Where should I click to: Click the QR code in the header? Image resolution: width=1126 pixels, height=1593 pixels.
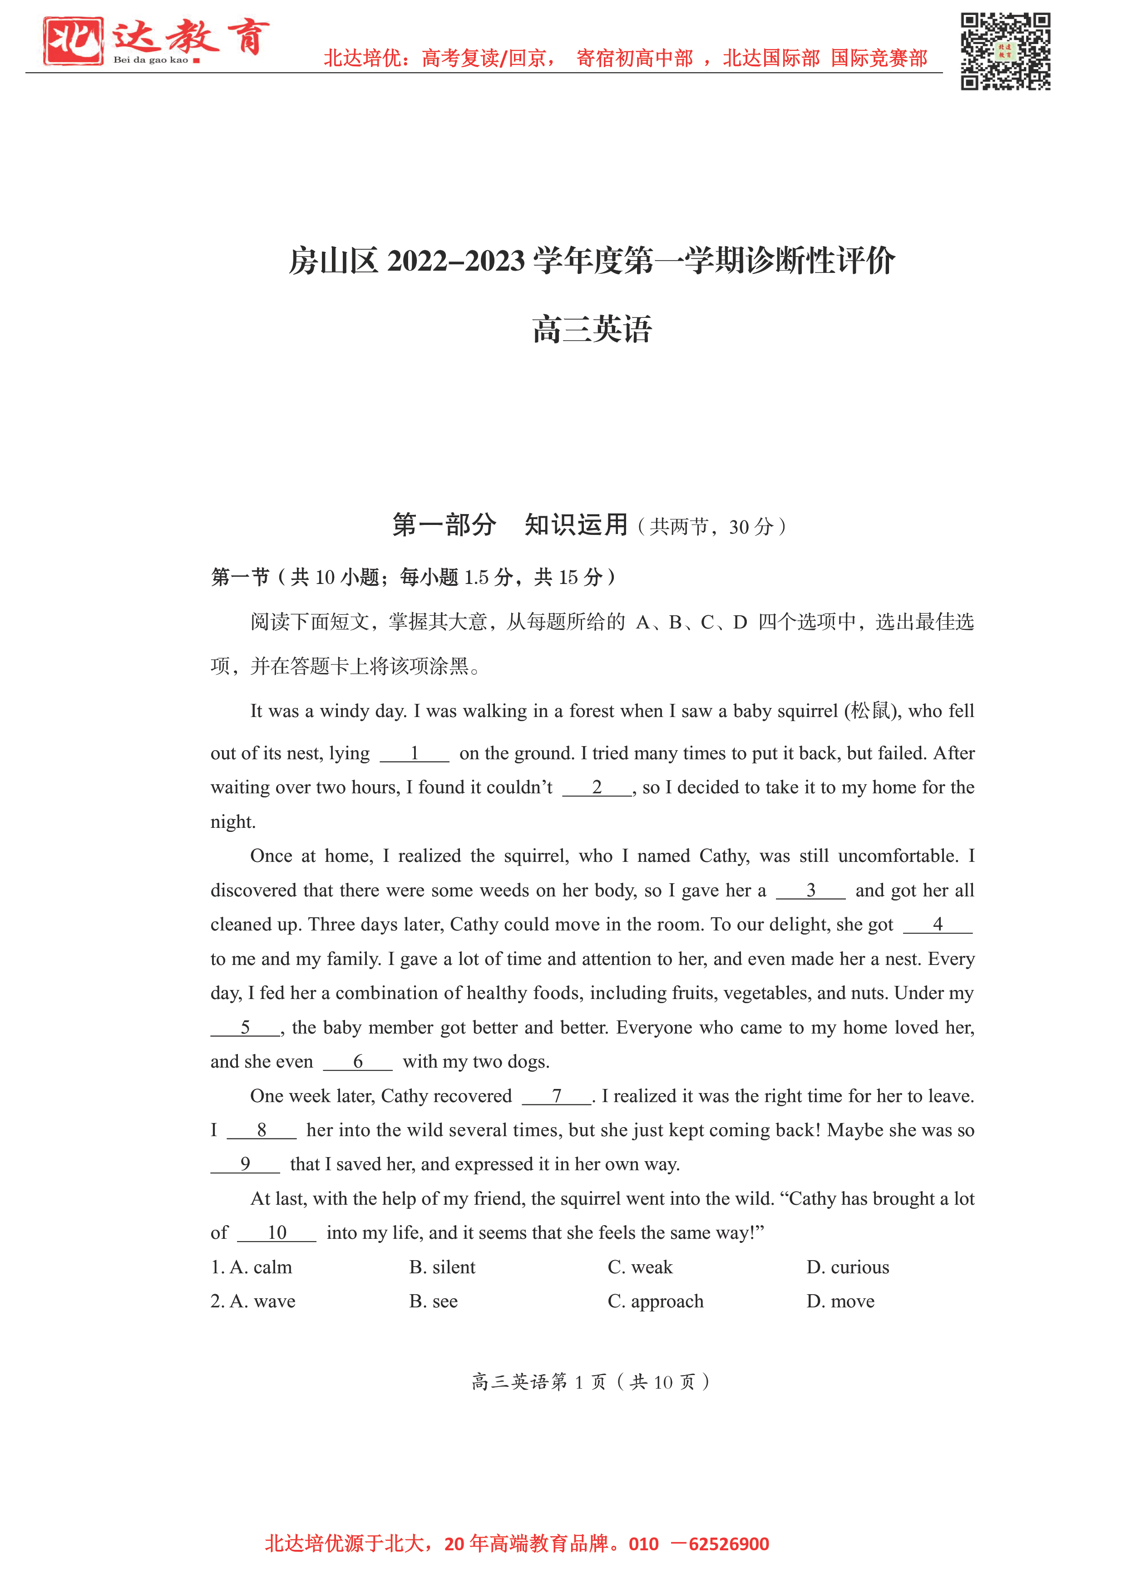point(1005,51)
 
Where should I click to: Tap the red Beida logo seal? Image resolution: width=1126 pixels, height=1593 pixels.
point(73,41)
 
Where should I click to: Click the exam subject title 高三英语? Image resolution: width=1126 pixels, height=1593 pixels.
point(592,329)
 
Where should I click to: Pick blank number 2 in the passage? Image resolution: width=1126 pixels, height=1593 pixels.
point(597,787)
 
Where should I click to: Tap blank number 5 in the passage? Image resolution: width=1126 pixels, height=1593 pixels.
point(245,1028)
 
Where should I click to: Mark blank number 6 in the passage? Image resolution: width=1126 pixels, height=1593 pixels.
point(357,1062)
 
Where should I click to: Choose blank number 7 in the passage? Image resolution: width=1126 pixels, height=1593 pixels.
point(556,1096)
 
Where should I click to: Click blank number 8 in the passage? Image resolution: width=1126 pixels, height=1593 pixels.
point(262,1130)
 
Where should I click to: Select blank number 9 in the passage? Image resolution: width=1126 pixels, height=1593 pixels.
point(245,1164)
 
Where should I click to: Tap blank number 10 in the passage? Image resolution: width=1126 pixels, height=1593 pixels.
point(277,1233)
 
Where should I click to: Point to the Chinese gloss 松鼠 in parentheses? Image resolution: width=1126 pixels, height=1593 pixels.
point(870,711)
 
